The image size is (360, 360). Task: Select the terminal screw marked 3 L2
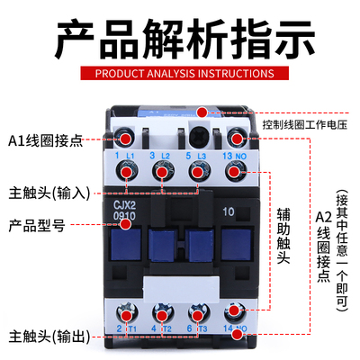coord(165,138)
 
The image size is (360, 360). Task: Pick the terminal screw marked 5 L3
coord(201,138)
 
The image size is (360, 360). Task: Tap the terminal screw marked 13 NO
coord(237,138)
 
